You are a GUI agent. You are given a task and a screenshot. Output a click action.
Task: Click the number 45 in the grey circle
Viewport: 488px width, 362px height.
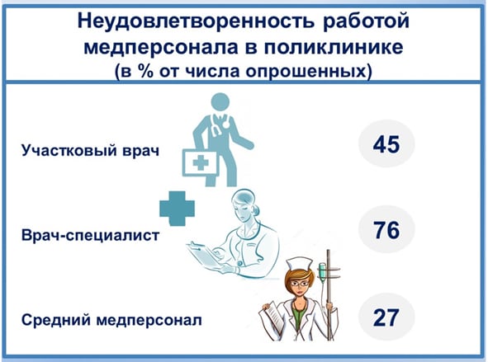[x=386, y=144]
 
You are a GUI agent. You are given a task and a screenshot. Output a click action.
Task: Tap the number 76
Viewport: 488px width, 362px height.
[x=386, y=230]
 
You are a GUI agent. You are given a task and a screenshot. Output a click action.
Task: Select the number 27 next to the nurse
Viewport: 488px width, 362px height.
[x=386, y=317]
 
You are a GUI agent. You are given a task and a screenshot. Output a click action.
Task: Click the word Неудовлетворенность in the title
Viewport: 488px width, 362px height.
[x=196, y=21]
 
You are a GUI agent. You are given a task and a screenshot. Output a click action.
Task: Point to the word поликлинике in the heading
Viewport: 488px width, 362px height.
[x=334, y=48]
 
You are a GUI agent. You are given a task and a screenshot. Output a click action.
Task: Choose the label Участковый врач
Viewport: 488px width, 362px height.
[x=90, y=150]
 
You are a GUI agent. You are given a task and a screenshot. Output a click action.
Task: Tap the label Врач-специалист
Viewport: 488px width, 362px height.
[x=90, y=235]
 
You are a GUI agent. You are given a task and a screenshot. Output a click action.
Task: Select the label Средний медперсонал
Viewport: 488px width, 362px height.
[x=111, y=320]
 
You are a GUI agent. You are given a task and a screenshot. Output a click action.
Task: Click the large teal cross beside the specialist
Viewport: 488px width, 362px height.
[x=177, y=209]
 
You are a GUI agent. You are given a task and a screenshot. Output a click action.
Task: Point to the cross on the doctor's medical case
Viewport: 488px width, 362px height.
[x=201, y=162]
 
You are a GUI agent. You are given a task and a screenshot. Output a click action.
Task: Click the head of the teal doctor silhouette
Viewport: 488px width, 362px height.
[x=220, y=102]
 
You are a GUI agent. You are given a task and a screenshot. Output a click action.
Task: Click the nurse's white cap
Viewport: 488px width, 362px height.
[x=300, y=264]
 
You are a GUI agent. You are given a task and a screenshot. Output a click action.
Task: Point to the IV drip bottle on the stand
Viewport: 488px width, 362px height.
[x=322, y=272]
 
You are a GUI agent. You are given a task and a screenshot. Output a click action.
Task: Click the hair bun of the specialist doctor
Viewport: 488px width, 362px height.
[x=256, y=210]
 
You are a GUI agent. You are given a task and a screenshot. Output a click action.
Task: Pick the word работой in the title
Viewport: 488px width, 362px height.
[x=367, y=21]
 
